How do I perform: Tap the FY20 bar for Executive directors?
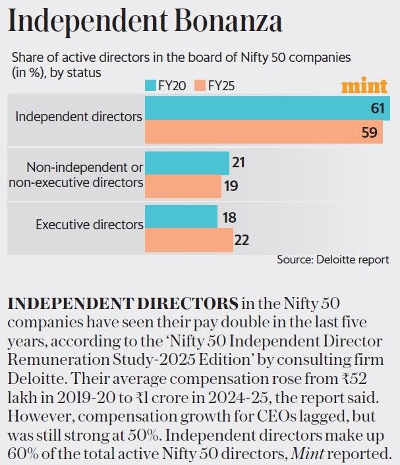click(181, 216)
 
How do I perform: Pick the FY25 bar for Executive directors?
click(188, 240)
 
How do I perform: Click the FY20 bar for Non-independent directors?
click(186, 162)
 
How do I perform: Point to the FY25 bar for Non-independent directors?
click(183, 186)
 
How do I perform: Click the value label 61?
click(377, 108)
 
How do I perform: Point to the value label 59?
click(370, 132)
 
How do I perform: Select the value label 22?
click(241, 240)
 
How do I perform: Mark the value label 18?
click(229, 217)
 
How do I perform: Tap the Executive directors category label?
click(89, 224)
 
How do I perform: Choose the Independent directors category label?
click(78, 117)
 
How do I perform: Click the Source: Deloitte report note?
click(332, 260)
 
